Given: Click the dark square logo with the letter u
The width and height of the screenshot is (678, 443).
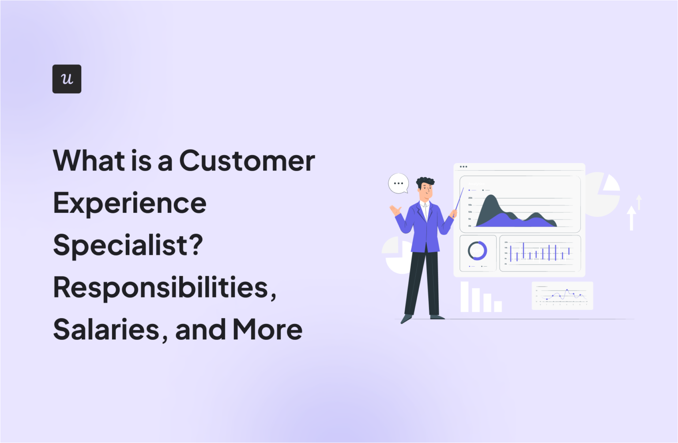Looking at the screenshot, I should (67, 79).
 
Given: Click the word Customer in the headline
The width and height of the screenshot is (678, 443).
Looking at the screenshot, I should (247, 160).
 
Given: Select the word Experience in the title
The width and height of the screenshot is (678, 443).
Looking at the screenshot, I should (130, 203).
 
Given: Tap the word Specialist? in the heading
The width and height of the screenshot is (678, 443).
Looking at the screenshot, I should (128, 245).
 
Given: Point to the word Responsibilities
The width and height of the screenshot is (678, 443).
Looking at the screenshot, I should (164, 287).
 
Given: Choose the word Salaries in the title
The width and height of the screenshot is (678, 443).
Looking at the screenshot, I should (106, 330).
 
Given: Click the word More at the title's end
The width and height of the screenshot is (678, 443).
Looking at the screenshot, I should (267, 330).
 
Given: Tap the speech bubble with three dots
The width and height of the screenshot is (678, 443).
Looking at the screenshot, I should (398, 183).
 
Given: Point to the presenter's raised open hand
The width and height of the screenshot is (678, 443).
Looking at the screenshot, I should (394, 210).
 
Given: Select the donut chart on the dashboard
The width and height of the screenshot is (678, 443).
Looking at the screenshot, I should (477, 251).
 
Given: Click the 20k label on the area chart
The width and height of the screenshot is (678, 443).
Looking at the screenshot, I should (470, 198).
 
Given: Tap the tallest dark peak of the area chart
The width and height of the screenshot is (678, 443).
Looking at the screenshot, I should (491, 199).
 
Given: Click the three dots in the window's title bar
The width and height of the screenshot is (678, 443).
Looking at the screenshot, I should (463, 167).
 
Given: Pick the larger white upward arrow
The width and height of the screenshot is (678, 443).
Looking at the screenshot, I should (632, 218).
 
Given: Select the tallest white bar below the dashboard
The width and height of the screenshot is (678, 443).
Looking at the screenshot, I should (465, 297).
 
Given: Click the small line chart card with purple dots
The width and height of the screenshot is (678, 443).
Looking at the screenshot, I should (562, 296).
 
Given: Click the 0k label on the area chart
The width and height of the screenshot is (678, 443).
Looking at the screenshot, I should (470, 226).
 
